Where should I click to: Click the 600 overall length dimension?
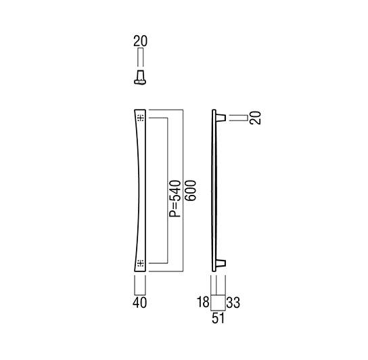190,190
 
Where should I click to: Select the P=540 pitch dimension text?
175,198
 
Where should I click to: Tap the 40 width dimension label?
139,302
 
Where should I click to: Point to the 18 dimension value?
203,302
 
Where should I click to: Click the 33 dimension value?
233,302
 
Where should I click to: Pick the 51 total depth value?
218,319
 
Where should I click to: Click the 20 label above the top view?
140,41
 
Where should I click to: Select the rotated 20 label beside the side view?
255,118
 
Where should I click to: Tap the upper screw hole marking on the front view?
141,118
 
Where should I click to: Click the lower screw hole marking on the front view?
141,263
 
